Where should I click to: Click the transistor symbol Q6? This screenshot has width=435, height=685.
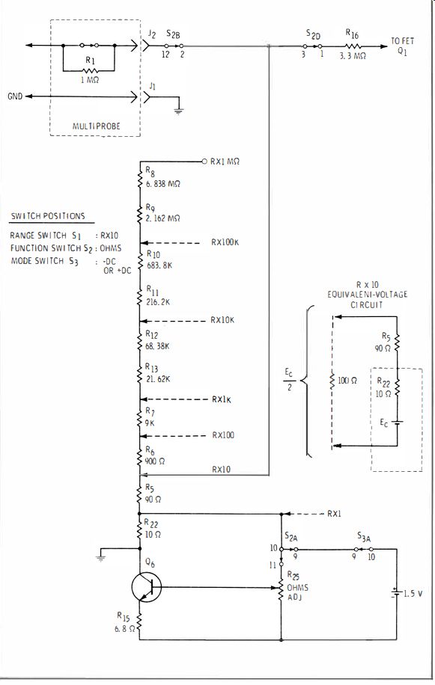pos(147,588)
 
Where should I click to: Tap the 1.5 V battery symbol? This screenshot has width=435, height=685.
pos(397,593)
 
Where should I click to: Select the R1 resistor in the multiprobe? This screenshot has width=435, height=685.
pos(90,70)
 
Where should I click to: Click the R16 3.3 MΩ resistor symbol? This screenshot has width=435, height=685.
pos(353,46)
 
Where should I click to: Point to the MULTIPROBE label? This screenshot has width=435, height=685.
pos(96,126)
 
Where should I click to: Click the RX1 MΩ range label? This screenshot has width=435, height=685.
pos(225,162)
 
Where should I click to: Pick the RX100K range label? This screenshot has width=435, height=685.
pos(225,242)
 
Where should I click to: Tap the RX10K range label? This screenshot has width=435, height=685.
pos(222,320)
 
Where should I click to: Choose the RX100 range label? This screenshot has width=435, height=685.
pos(223,435)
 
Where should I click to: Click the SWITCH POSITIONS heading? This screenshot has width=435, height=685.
pos(48,216)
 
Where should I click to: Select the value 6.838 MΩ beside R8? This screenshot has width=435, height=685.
pos(163,184)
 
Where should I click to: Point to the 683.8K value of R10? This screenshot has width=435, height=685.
pos(159,265)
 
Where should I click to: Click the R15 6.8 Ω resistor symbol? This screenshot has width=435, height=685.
pos(139,621)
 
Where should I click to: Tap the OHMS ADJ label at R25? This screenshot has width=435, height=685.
pos(297,592)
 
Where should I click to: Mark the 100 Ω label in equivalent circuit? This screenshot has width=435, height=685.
pos(347,381)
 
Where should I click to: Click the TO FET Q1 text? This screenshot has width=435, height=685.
pos(402,46)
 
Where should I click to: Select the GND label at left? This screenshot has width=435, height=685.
pos(15,96)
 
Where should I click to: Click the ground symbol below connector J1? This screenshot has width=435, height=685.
pos(178,111)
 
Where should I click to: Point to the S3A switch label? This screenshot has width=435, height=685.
pos(364,537)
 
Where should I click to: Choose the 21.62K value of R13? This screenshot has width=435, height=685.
pos(158,379)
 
